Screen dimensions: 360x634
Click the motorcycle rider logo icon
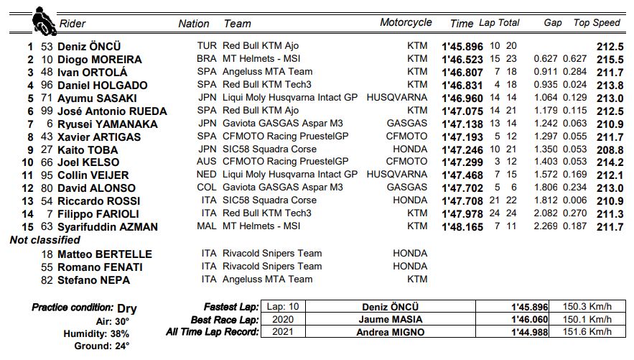(42, 21)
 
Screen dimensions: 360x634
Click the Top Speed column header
(596, 23)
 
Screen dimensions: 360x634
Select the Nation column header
(194, 24)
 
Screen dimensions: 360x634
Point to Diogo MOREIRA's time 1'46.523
(463, 60)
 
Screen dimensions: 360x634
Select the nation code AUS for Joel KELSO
(206, 162)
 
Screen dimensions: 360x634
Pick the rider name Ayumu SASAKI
(94, 98)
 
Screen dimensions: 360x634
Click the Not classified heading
(45, 240)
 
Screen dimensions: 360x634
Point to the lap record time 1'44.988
(529, 333)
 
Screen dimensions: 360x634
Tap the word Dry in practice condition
(126, 308)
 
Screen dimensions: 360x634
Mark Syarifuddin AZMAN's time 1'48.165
(463, 227)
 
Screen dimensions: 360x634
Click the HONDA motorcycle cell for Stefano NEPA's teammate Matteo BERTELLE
(409, 254)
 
